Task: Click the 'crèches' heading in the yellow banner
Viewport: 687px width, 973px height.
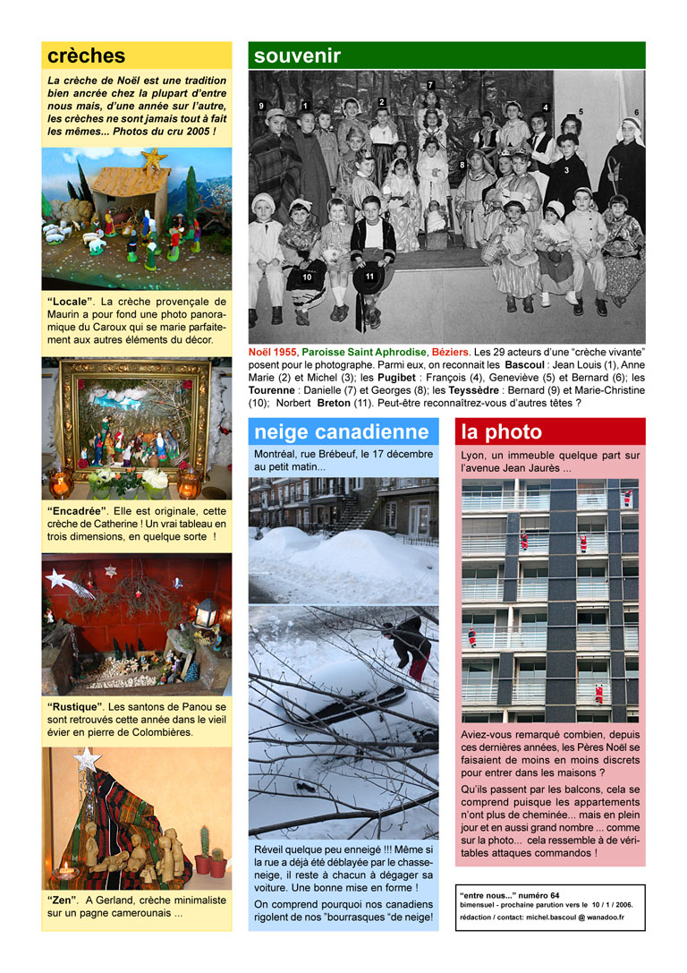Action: coord(87,55)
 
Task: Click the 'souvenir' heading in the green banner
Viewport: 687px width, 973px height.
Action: coord(297,55)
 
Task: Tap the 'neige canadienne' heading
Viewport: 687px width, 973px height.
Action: coord(341,432)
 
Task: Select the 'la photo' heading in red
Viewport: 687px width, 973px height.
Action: coord(501,432)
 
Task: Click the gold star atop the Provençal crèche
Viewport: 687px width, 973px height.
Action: coord(154,158)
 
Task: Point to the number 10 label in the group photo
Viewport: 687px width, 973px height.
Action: coord(307,277)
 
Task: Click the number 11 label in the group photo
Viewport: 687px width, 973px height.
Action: coord(369,277)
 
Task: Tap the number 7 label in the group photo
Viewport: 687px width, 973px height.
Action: coord(430,85)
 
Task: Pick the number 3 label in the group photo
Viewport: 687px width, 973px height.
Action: coord(566,170)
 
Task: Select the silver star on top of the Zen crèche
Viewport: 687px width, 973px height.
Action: coord(87,760)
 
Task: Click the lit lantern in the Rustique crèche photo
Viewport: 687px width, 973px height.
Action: coord(207,613)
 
